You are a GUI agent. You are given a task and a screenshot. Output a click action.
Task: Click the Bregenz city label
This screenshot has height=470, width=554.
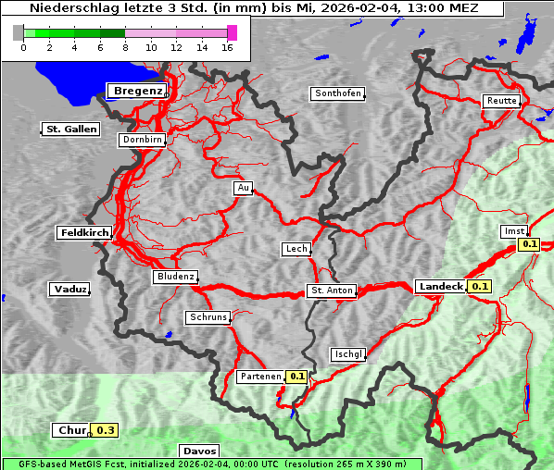coord(138,91)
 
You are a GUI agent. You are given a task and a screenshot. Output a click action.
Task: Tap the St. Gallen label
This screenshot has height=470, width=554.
coord(70,129)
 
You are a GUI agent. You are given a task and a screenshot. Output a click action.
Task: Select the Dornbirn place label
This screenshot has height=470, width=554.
coord(142,141)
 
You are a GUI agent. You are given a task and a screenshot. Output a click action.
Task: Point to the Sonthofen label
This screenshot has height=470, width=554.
coord(338,93)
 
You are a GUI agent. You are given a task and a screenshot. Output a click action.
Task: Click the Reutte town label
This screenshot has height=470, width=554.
coord(500,101)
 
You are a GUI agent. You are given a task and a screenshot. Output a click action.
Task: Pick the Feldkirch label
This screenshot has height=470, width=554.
coord(84,233)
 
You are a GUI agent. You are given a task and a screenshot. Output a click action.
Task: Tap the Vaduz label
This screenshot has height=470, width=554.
coord(69,290)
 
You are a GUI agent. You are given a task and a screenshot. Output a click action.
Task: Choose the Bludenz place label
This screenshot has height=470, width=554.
coord(175,277)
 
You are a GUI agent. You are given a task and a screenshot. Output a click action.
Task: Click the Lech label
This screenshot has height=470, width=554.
coord(296,249)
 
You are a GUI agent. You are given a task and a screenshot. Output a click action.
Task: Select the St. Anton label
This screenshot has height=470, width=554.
coord(331,291)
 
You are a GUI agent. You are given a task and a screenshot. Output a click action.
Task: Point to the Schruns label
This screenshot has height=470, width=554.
coord(208,317)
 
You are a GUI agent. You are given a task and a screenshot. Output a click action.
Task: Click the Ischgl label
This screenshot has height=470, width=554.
coord(348,354)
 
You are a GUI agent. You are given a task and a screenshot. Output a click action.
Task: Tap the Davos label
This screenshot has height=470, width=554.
coord(199,451)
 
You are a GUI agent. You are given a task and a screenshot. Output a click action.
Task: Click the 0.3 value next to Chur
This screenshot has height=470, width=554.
coord(106,430)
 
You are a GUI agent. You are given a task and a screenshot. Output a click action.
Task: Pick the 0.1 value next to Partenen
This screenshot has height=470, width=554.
coord(296,377)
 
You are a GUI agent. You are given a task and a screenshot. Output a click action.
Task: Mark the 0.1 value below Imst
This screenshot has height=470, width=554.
coord(529,244)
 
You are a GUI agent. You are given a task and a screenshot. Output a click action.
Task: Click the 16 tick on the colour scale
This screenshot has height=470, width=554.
coord(228,47)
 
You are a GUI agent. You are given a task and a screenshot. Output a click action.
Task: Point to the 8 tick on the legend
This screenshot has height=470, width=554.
coord(125,47)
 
